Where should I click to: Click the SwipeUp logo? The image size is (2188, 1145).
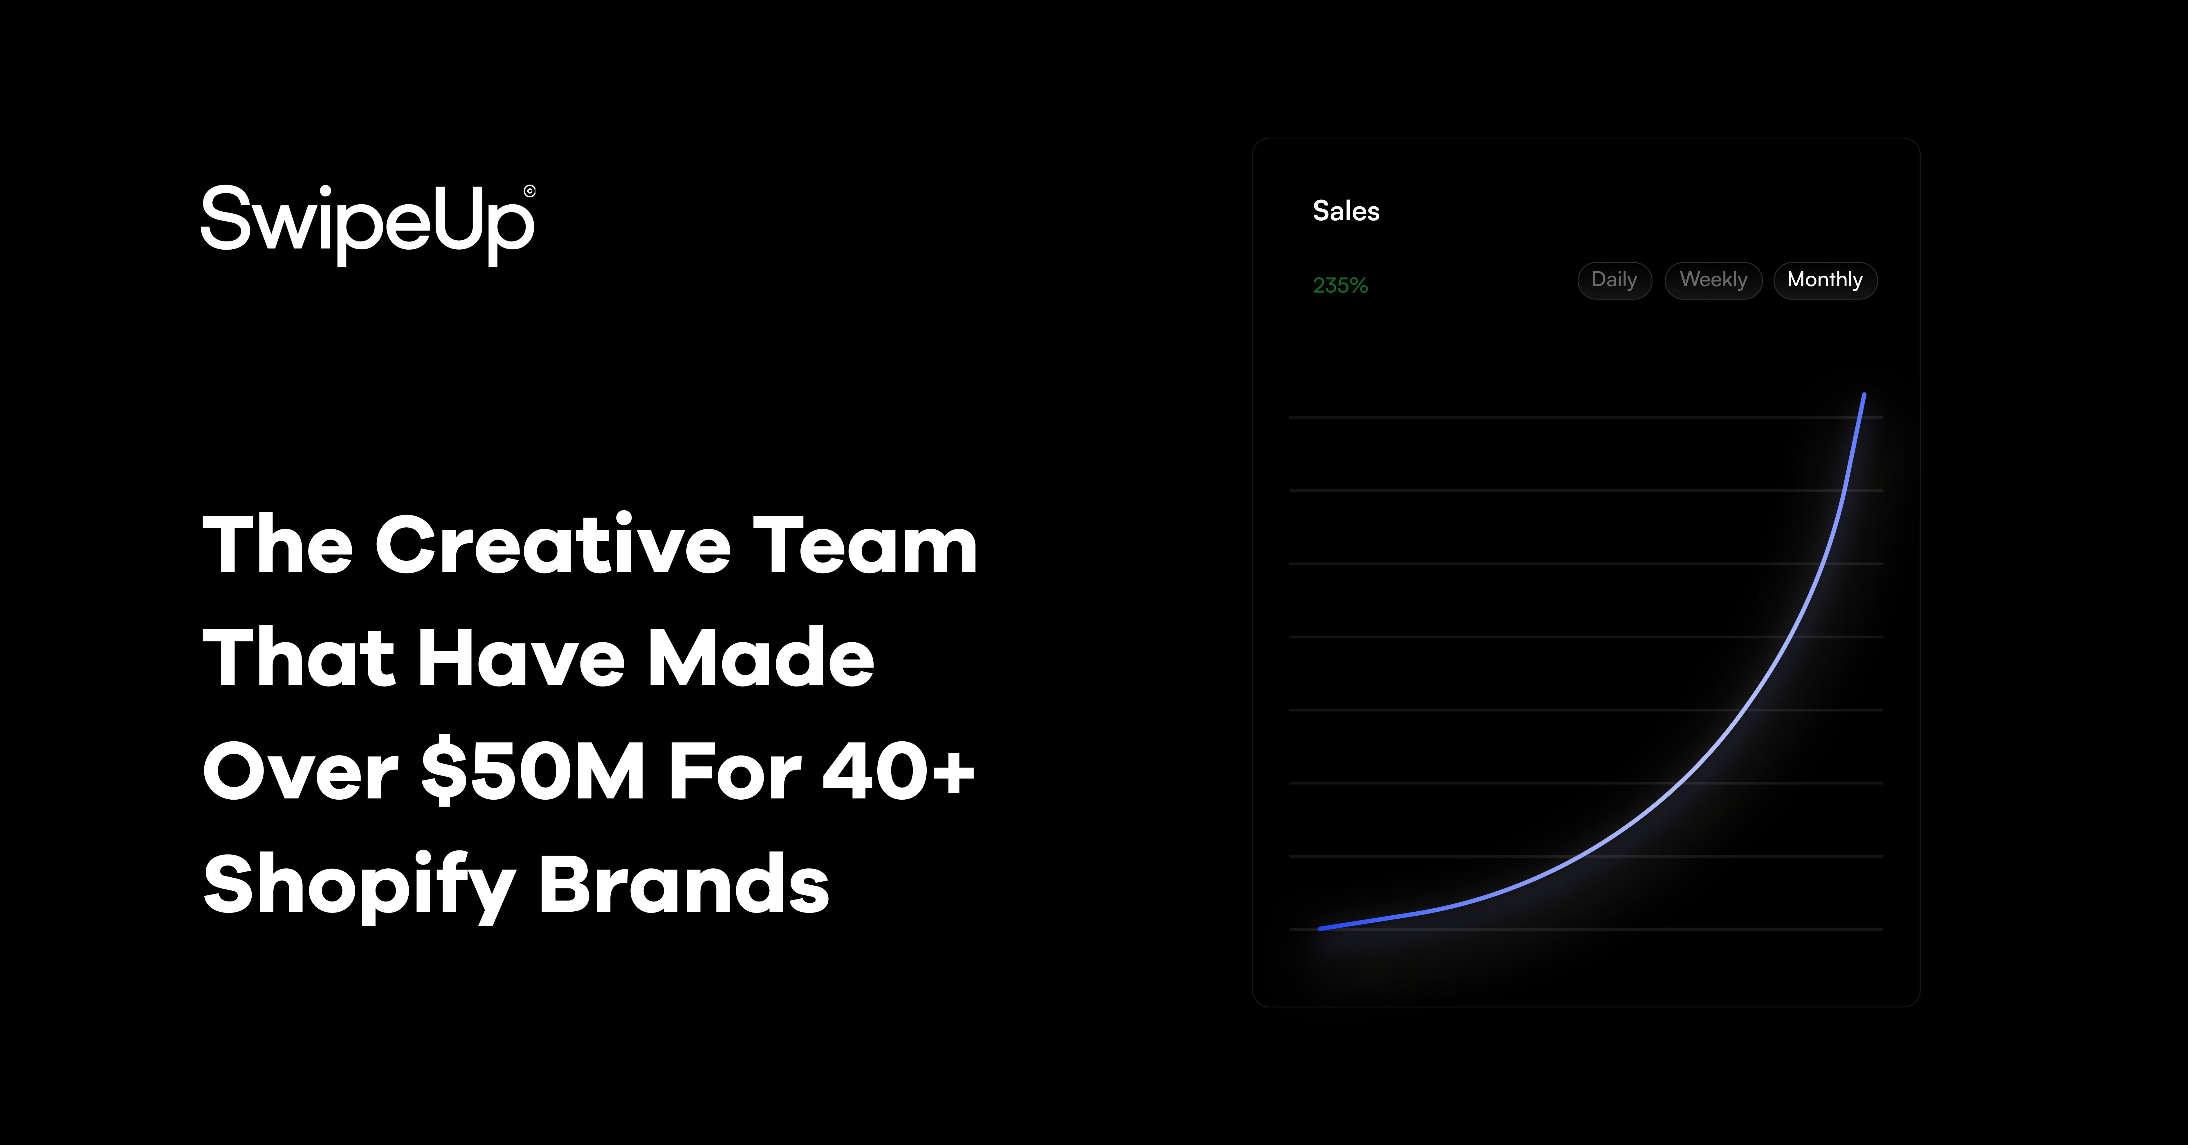pyautogui.click(x=367, y=223)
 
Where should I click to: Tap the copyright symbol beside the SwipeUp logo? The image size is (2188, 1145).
pyautogui.click(x=529, y=191)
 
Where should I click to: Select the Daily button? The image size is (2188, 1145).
pyautogui.click(x=1614, y=280)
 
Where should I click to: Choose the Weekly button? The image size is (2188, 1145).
pyautogui.click(x=1713, y=280)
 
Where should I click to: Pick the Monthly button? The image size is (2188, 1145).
pyautogui.click(x=1824, y=280)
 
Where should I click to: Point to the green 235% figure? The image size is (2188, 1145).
pyautogui.click(x=1340, y=285)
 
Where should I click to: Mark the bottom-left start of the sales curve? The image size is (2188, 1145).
pyautogui.click(x=1321, y=928)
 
